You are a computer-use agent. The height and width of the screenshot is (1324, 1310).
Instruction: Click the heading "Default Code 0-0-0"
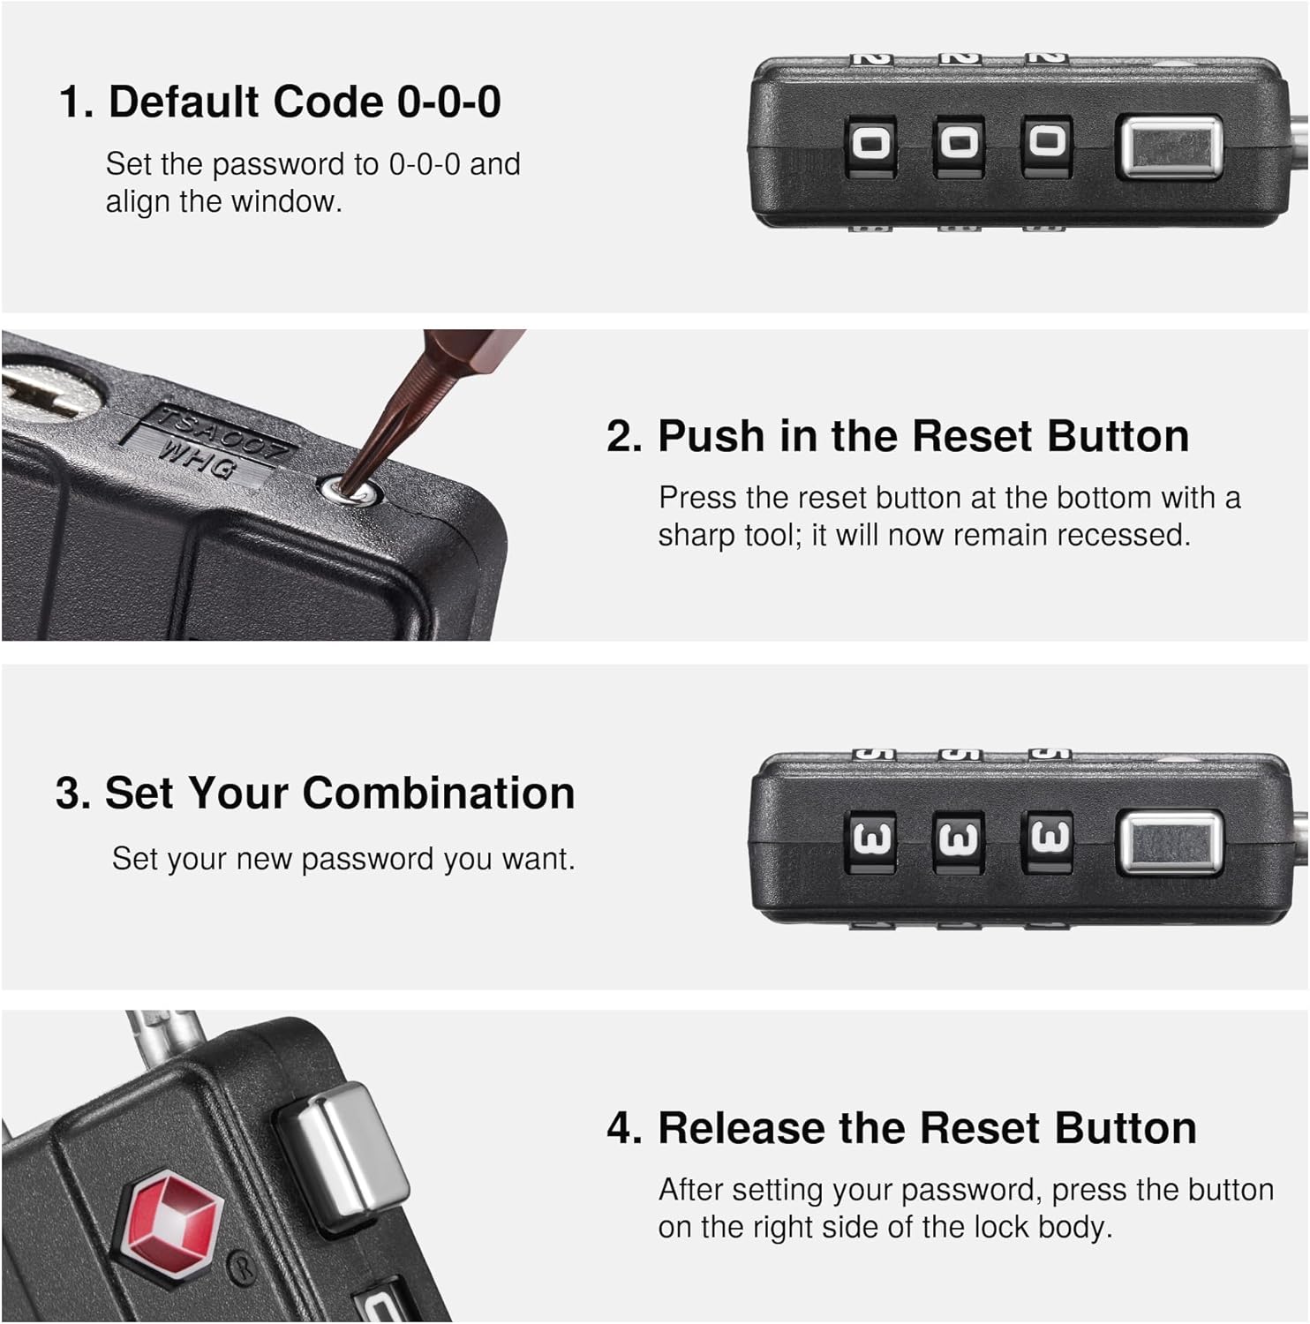pyautogui.click(x=305, y=102)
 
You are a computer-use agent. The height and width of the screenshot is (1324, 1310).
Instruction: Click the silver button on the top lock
pyautogui.click(x=1170, y=145)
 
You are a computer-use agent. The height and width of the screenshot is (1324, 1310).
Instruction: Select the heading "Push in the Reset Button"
pyautogui.click(x=923, y=436)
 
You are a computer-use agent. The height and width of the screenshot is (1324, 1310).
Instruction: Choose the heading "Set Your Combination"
pyautogui.click(x=340, y=793)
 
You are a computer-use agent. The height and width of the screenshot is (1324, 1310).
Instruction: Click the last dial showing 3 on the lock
pyautogui.click(x=1047, y=838)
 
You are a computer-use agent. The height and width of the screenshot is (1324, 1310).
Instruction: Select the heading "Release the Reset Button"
pyautogui.click(x=927, y=1128)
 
